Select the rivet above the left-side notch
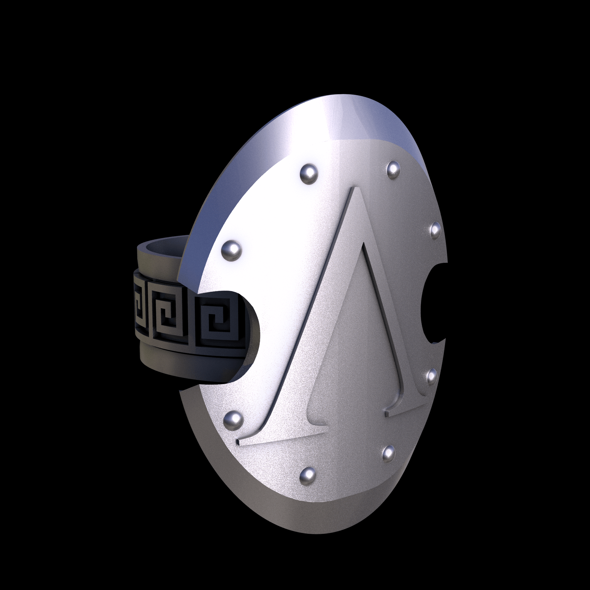(x=231, y=250)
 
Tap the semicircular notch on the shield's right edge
(x=433, y=304)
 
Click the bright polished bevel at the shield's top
(x=353, y=123)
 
